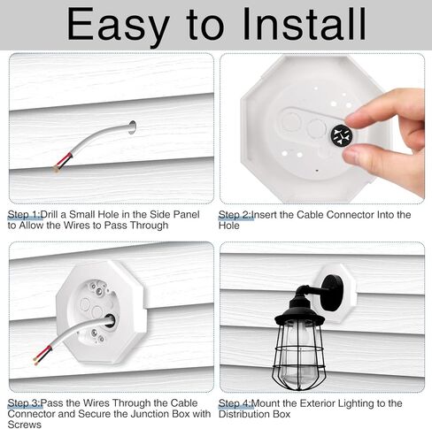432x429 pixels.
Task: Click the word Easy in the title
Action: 119,25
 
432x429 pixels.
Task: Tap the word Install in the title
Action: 305,24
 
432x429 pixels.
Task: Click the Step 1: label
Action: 25,215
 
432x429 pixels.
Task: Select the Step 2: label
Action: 235,215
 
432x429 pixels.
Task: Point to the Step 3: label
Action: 25,403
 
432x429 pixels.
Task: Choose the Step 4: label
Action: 235,403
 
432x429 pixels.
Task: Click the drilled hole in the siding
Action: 132,127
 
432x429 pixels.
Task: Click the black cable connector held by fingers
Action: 342,135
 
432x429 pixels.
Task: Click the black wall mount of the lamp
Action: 332,293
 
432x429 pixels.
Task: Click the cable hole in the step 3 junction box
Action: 110,320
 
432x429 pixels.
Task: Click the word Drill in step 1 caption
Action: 50,215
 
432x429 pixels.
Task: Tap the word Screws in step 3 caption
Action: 25,425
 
